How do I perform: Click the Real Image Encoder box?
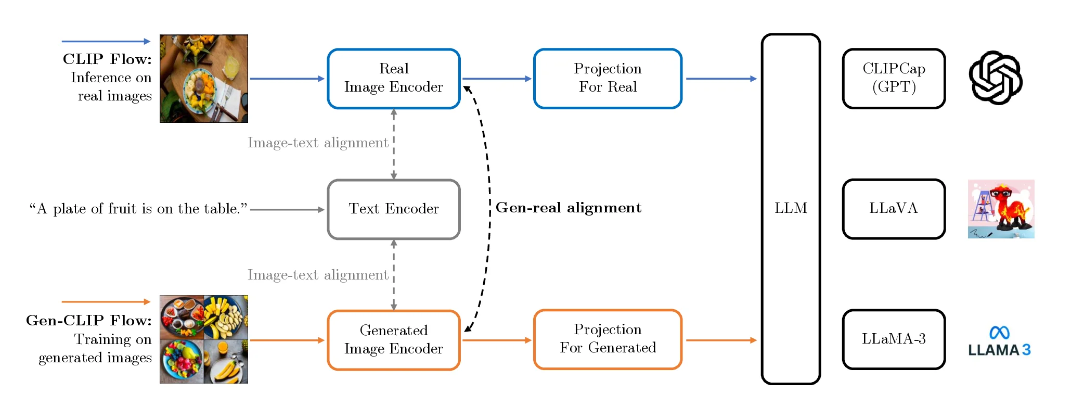[x=393, y=79]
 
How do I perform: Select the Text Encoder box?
[x=393, y=209]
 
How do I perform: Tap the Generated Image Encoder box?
[x=393, y=340]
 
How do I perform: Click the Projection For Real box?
[x=607, y=79]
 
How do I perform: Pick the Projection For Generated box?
[x=607, y=339]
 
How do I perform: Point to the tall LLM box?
[x=790, y=209]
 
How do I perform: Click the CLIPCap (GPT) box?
[x=893, y=79]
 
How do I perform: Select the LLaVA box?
[x=893, y=209]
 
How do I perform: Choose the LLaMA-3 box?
[x=893, y=339]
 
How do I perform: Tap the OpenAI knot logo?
[x=995, y=78]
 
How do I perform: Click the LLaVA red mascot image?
[x=1000, y=209]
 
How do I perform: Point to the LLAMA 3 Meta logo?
[x=999, y=342]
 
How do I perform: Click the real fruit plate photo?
[x=203, y=79]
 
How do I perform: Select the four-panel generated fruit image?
[x=203, y=339]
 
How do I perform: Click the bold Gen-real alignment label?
[x=568, y=208]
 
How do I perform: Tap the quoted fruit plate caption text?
[x=138, y=209]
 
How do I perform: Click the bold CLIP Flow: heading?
[x=107, y=59]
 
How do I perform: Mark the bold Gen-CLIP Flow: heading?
[x=88, y=321]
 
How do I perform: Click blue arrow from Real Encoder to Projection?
[x=496, y=79]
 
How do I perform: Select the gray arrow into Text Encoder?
[x=287, y=210]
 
